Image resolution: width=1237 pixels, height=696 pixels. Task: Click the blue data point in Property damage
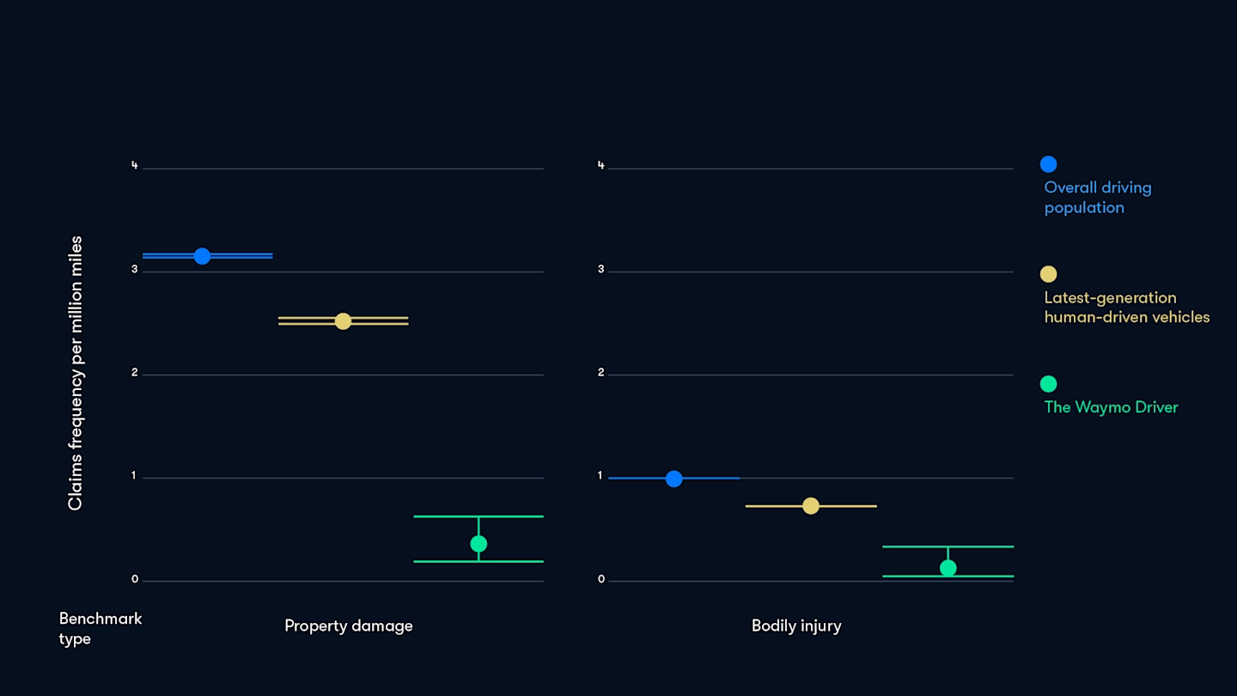(x=202, y=256)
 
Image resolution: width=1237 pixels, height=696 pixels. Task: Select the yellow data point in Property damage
(x=343, y=321)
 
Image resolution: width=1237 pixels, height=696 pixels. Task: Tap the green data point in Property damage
(x=478, y=544)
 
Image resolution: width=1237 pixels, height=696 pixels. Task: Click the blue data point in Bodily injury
(x=673, y=479)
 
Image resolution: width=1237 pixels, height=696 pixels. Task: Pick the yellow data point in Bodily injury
(x=810, y=506)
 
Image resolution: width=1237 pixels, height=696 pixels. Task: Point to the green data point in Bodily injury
(x=948, y=568)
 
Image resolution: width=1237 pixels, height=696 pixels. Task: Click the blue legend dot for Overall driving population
(x=1048, y=164)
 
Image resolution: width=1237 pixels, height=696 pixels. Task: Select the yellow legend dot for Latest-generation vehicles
(x=1048, y=274)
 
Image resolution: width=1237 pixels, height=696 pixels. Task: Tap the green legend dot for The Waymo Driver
(x=1048, y=384)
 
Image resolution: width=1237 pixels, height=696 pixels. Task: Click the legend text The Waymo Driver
(x=1111, y=407)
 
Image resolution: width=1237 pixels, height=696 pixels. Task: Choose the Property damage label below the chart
(x=348, y=626)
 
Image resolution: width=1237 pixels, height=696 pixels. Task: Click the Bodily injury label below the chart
(x=796, y=626)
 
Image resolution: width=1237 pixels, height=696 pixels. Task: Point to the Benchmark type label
(x=100, y=628)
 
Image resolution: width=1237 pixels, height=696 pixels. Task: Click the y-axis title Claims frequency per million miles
(x=76, y=373)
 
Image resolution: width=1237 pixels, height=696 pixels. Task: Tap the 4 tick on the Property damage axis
(x=134, y=166)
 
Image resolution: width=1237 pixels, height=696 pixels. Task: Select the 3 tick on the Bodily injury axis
(x=601, y=270)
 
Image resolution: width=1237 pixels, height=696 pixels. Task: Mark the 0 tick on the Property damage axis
(x=134, y=580)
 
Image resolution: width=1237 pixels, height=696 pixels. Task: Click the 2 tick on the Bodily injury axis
(x=601, y=373)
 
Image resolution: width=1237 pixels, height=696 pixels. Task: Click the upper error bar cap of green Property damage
(x=478, y=516)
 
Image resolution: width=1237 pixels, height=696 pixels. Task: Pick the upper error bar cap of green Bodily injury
(x=948, y=546)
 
